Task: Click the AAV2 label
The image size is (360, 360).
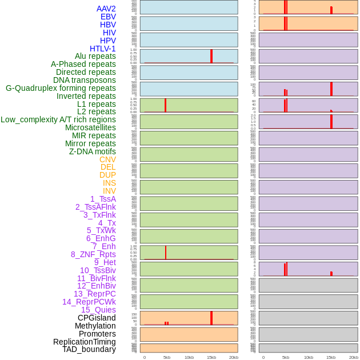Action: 106,9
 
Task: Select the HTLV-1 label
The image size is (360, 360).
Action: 103,49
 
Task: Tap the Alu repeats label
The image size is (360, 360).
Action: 95,56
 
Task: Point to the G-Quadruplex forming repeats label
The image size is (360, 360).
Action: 61,88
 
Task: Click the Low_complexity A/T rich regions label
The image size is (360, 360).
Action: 58,119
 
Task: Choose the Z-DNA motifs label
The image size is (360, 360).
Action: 93,151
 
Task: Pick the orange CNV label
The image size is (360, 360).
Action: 107,159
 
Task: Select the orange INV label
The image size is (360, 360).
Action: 109,191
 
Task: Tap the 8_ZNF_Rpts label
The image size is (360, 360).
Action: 93,254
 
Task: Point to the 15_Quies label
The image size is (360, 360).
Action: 98,310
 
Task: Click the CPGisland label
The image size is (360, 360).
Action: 97,318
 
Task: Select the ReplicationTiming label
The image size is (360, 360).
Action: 85,342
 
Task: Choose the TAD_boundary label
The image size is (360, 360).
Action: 89,349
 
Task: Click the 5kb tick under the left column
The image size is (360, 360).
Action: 167,357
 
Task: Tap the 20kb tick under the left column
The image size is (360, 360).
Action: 234,357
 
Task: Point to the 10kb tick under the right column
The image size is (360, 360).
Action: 308,357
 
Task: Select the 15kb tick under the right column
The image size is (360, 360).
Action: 330,357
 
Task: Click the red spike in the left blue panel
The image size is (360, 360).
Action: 211,56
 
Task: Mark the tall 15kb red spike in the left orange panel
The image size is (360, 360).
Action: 211,318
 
